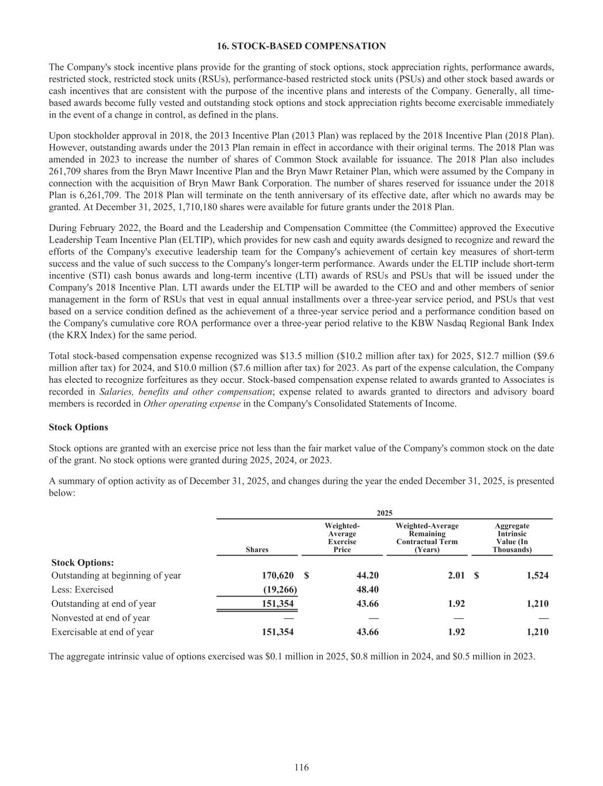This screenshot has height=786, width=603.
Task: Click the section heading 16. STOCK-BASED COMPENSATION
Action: click(301, 45)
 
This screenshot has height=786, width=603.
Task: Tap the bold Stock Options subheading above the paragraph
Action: click(78, 427)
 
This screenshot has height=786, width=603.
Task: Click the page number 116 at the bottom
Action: click(301, 767)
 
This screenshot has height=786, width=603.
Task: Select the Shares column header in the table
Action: click(257, 549)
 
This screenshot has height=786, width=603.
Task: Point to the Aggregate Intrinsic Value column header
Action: click(512, 538)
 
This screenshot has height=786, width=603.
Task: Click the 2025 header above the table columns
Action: click(384, 512)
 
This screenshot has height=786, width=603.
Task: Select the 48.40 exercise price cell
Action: click(367, 589)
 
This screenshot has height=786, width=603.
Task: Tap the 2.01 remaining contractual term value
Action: click(456, 575)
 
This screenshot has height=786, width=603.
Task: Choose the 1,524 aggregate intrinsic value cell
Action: click(537, 575)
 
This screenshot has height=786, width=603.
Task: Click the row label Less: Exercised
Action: click(82, 589)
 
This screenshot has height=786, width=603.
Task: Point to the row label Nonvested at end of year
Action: click(101, 618)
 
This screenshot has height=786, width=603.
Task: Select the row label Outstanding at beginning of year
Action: click(116, 575)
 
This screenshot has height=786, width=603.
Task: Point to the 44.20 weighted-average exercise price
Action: click(367, 575)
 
